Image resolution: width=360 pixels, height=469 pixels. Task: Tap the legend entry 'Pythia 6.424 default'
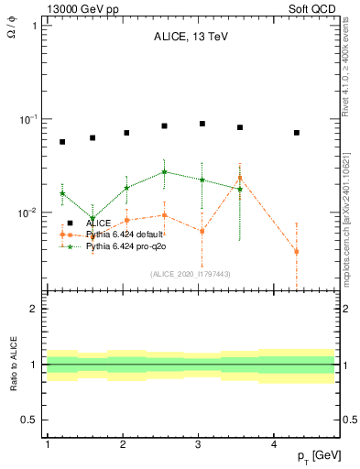coord(127,234)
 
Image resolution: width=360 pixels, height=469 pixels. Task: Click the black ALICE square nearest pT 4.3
coord(297,133)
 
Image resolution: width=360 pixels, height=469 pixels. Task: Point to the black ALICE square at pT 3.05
coord(202,124)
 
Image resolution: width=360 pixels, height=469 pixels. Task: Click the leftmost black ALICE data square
coord(62,142)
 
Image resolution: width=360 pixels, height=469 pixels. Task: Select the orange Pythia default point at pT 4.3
coord(297,251)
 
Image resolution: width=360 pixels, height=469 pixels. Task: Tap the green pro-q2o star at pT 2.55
coord(164,171)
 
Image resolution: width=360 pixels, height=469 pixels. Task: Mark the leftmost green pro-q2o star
coord(62,193)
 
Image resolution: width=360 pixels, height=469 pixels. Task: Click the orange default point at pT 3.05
coord(202,231)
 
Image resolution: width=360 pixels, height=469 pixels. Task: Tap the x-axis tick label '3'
coord(199,443)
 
